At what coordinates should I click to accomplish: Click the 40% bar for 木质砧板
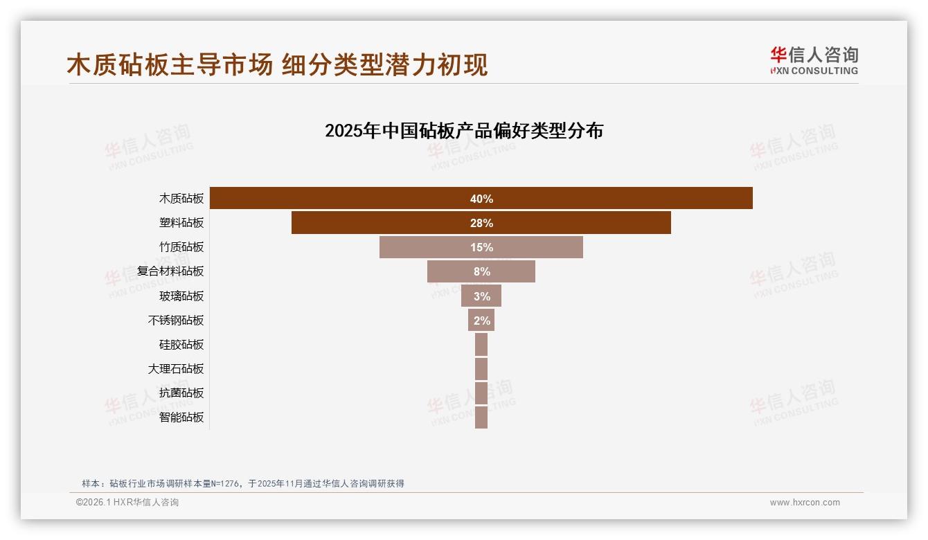(623, 198)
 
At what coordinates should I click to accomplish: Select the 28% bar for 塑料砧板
(589, 223)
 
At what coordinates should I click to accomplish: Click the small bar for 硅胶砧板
(481, 345)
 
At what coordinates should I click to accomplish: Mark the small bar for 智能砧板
(481, 417)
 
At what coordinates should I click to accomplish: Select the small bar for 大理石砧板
(481, 369)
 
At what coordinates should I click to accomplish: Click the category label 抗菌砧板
(181, 393)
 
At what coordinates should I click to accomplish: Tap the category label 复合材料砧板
(170, 271)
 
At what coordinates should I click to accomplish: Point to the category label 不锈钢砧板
(176, 321)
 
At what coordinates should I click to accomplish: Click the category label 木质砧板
(181, 199)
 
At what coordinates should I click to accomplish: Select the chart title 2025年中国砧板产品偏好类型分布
(464, 130)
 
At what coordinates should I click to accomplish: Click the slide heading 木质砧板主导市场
(170, 64)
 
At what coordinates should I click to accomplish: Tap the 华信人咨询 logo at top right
(814, 60)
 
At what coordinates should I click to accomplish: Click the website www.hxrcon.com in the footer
(805, 503)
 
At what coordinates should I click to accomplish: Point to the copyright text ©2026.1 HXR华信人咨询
(127, 503)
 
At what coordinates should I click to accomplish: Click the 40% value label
(481, 199)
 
